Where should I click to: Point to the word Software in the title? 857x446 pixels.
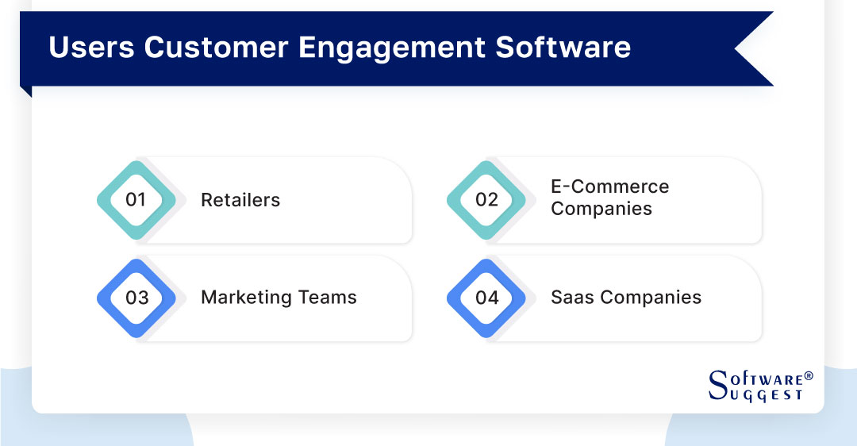coord(563,48)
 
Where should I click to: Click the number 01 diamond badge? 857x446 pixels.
coord(136,200)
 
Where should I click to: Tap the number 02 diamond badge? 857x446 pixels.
coord(486,200)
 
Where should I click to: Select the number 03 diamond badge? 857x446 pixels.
coord(136,298)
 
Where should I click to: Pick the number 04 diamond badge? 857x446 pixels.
coord(486,298)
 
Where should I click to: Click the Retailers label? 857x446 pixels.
coord(240,200)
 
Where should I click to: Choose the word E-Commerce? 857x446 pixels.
coord(610,186)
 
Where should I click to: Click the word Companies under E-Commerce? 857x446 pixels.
coord(601,209)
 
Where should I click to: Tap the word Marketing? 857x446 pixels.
coord(246,298)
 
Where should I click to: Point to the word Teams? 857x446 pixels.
coord(327,298)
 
